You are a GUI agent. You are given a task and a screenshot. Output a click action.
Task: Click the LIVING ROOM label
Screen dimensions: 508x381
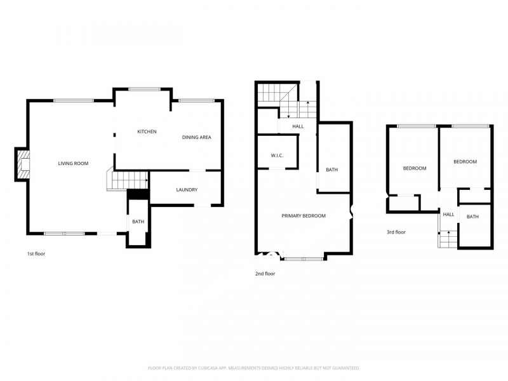73,163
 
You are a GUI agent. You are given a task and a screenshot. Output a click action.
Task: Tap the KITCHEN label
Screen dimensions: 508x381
147,131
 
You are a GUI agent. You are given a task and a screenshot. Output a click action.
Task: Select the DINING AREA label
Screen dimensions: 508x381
196,137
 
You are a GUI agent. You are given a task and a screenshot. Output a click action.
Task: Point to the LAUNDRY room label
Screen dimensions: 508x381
187,190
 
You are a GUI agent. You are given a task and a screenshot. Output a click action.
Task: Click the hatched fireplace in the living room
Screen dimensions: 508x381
23,164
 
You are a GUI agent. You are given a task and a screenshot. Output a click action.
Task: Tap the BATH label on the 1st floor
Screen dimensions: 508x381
138,222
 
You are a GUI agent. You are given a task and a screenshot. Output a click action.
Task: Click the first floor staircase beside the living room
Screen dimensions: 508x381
128,181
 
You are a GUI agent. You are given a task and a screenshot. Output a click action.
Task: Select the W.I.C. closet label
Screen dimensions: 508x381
277,156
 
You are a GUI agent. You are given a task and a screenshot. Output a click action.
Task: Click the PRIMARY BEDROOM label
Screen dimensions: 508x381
304,216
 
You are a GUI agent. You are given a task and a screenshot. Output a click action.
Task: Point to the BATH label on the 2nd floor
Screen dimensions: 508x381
331,170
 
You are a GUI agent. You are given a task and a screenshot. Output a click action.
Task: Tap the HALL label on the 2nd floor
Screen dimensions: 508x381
298,126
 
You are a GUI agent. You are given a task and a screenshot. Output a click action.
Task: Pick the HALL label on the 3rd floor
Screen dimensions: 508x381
448,215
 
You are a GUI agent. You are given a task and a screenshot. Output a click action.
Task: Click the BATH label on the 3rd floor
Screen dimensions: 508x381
472,217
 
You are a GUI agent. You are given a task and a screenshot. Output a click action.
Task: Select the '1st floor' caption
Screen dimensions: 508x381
36,253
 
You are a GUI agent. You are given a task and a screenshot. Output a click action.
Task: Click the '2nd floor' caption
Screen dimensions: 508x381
265,274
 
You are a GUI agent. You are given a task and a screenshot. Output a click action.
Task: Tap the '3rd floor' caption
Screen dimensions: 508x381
396,232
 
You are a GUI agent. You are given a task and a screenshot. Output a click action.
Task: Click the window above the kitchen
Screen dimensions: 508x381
145,89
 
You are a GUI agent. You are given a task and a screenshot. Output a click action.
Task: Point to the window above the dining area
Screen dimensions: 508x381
197,101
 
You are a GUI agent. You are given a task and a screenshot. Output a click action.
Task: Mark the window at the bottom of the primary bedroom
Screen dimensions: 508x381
304,258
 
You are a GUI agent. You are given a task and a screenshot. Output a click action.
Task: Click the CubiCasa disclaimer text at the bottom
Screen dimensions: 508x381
253,368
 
